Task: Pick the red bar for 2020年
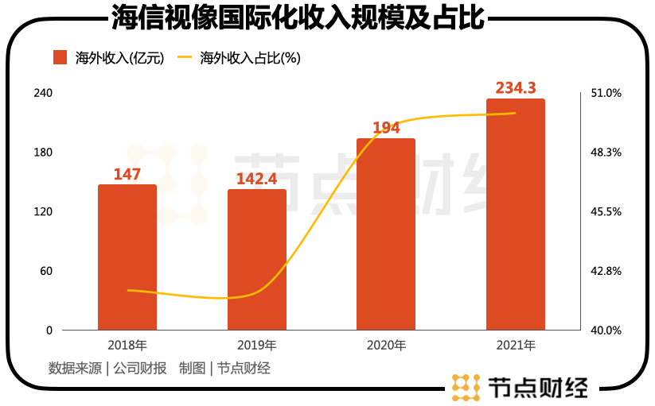point(386,234)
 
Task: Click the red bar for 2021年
point(516,214)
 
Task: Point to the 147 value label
point(127,174)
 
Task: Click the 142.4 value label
point(257,179)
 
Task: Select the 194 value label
point(386,128)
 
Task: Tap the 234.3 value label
point(516,87)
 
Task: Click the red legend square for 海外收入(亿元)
point(60,57)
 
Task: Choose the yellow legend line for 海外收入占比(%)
point(185,57)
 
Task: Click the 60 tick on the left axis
point(46,271)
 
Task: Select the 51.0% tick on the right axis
point(605,93)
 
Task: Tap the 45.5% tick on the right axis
point(605,211)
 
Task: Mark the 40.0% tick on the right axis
point(605,330)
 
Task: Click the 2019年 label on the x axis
point(257,346)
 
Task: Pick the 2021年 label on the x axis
point(516,346)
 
